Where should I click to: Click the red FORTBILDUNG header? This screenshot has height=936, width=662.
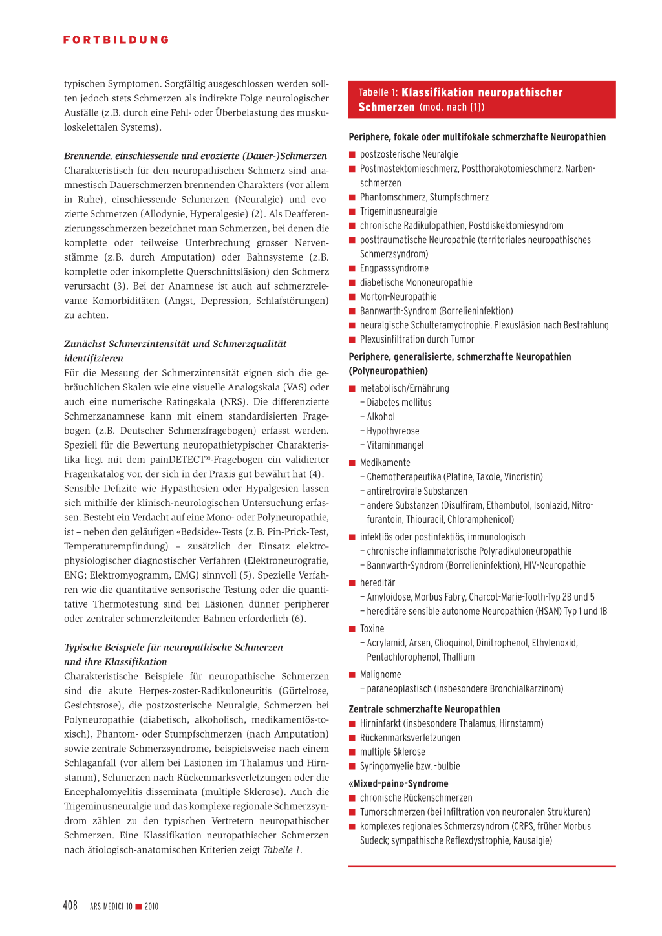116,40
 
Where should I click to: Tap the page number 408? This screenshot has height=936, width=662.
70,906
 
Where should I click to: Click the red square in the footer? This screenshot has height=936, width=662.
138,906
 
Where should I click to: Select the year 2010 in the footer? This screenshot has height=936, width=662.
152,906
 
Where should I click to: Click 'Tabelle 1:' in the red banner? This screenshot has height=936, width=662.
378,93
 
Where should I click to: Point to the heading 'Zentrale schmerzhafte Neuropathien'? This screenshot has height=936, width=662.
424,709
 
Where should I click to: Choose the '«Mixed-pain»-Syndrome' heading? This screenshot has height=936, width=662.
398,783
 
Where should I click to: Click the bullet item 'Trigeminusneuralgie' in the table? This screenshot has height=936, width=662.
398,211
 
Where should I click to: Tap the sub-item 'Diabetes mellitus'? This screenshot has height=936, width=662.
399,403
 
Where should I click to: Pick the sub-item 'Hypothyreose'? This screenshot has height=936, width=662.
393,431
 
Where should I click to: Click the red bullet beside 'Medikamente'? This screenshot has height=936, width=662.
353,463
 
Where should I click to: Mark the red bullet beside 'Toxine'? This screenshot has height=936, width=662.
353,629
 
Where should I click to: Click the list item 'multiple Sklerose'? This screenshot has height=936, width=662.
392,752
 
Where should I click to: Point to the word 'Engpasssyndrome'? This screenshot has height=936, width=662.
394,268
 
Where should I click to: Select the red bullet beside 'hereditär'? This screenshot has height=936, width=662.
353,583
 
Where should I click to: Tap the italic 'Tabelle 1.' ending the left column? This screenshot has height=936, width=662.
283,850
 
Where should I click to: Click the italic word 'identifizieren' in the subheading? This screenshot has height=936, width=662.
94,358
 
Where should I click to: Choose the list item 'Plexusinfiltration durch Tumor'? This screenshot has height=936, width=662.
417,339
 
